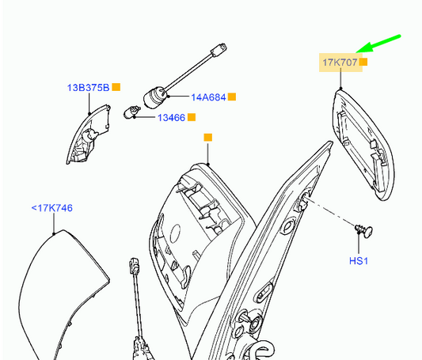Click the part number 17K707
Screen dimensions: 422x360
[x=340, y=63]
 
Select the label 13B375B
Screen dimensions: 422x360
[x=88, y=88]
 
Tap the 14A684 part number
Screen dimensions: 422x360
[x=208, y=97]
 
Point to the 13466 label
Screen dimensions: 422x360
[x=172, y=118]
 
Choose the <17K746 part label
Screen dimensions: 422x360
[x=52, y=208]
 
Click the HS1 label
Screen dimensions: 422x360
[x=359, y=261]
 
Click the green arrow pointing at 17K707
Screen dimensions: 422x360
[x=378, y=44]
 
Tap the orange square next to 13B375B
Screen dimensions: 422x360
[x=116, y=87]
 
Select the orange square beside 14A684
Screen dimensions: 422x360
[x=232, y=97]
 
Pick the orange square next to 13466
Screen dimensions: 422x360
[x=192, y=117]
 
